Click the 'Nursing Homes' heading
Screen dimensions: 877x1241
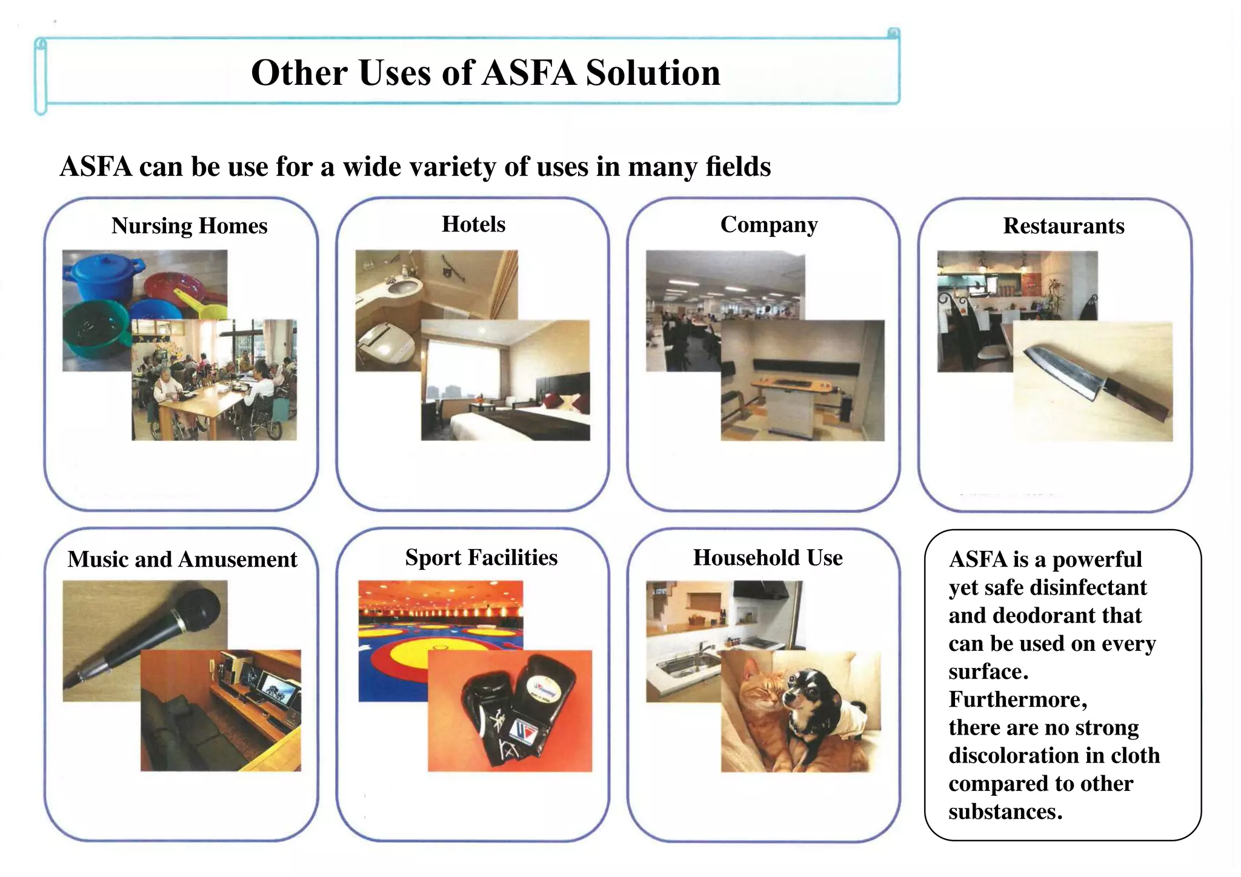tap(189, 226)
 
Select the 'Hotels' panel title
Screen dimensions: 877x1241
tap(473, 224)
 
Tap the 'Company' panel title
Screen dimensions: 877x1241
tap(768, 225)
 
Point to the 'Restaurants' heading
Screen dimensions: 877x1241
tap(1063, 226)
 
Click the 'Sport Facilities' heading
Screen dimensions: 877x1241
tap(481, 558)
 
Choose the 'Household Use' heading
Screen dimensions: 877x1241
tap(768, 558)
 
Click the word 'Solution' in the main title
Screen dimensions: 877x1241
tap(653, 73)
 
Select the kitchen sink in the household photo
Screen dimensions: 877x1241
tap(685, 665)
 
